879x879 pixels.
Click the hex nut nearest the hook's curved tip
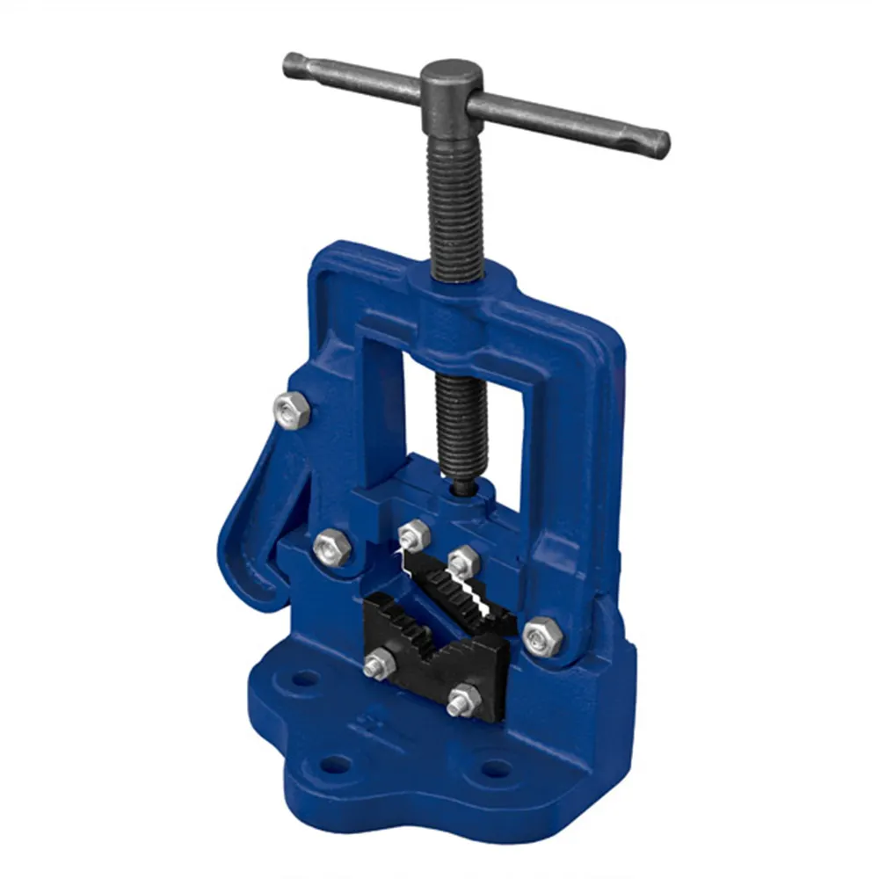[x=332, y=548]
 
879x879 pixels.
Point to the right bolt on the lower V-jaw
[x=462, y=701]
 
